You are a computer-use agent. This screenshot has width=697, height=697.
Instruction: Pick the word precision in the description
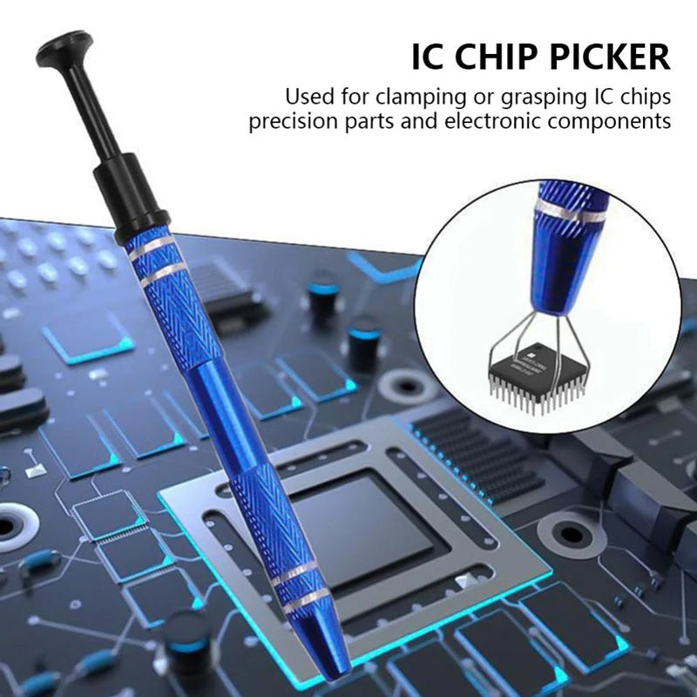[x=292, y=120]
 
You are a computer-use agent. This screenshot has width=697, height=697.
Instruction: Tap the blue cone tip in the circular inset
[x=551, y=279]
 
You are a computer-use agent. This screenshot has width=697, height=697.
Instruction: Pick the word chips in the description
[x=647, y=94]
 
